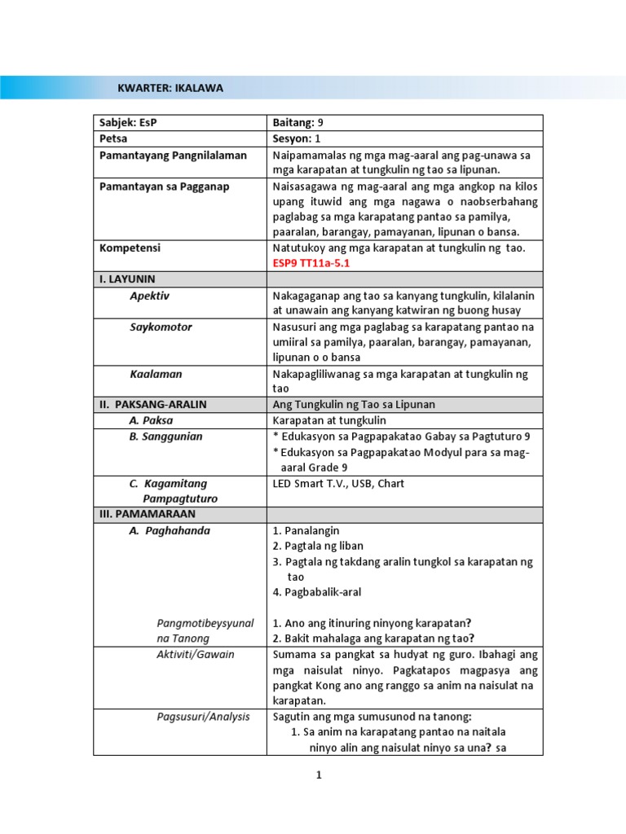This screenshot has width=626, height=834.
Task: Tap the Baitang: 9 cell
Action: click(x=298, y=123)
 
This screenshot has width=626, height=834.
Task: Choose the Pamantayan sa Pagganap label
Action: click(x=164, y=187)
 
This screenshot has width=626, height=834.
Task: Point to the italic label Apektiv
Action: click(x=151, y=296)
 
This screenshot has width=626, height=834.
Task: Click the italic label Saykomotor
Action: click(x=161, y=327)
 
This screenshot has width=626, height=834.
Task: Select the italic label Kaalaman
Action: click(x=156, y=374)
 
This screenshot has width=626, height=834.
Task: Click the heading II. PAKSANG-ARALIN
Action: click(x=153, y=405)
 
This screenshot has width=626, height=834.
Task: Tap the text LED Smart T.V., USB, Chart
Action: click(x=338, y=484)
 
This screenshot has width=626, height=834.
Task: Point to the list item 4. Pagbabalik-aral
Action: click(x=320, y=592)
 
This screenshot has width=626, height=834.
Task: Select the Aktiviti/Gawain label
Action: click(x=195, y=655)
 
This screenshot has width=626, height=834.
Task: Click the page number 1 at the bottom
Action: click(x=320, y=775)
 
